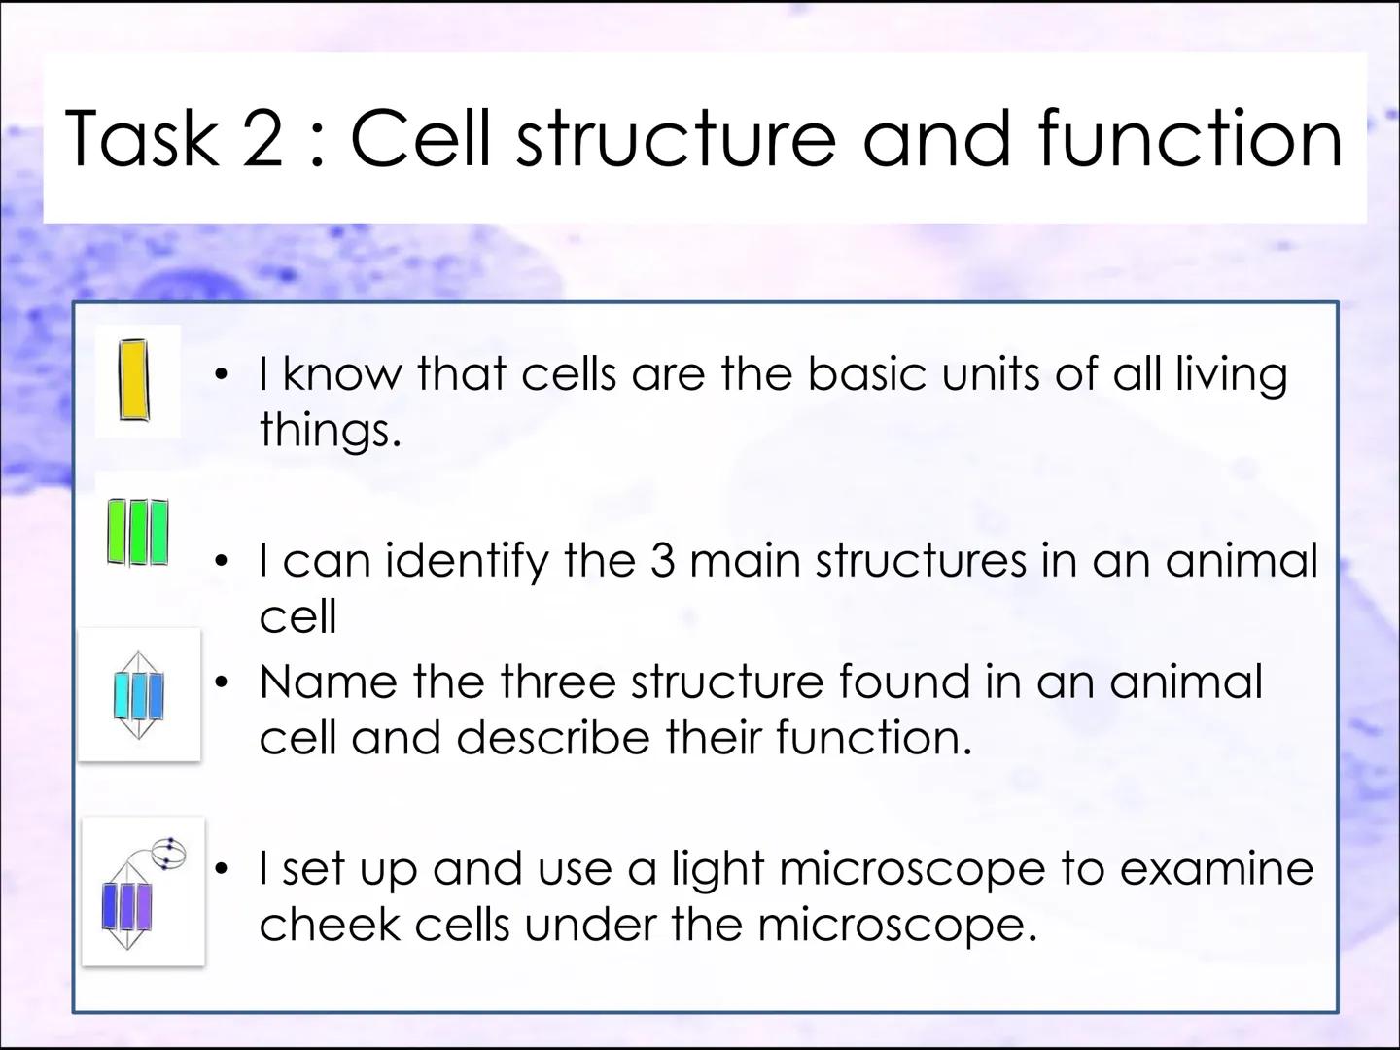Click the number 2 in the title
[x=262, y=138]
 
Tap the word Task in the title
[x=141, y=137]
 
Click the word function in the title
[x=1190, y=137]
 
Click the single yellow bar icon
[x=134, y=380]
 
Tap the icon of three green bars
[x=138, y=533]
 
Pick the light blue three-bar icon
[x=138, y=695]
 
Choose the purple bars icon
[x=127, y=906]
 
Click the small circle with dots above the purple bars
[x=170, y=854]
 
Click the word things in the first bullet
[x=331, y=429]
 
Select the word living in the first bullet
[x=1232, y=376]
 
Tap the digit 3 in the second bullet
[x=662, y=560]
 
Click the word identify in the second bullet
[x=467, y=562]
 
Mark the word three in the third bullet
[x=558, y=681]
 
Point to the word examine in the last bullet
[x=1216, y=868]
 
